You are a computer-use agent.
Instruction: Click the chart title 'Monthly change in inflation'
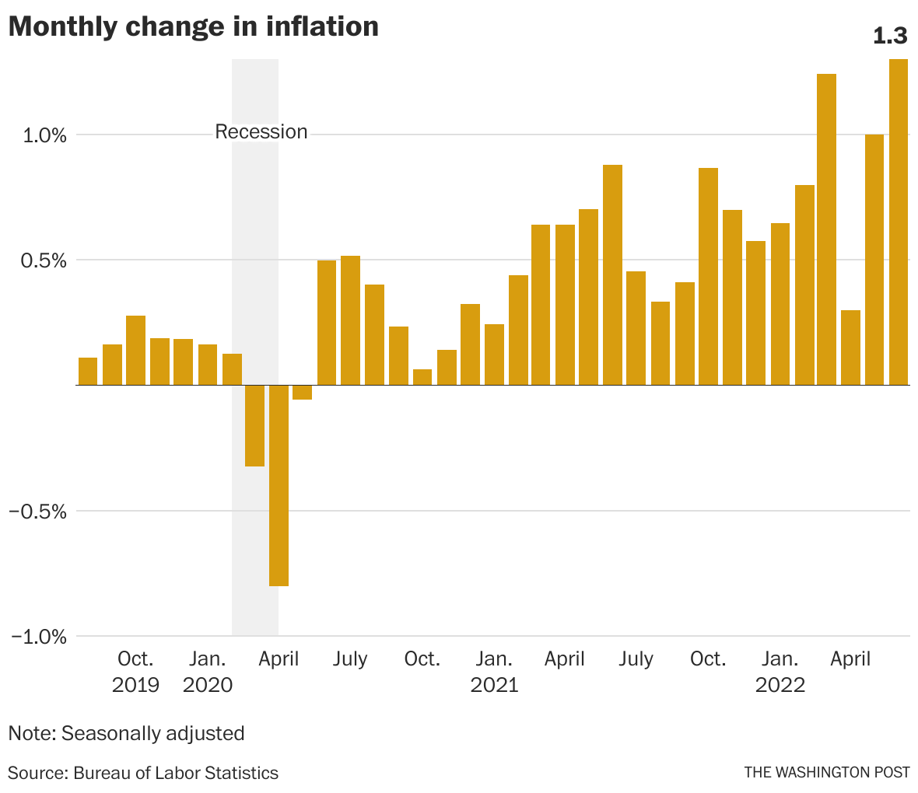coord(194,26)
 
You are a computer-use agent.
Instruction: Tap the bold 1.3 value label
coord(890,36)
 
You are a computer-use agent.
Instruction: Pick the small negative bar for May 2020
coord(303,393)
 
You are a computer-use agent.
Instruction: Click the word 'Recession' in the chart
coord(261,132)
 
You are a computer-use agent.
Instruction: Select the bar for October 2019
coord(136,350)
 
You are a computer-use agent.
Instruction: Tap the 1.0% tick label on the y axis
coord(44,135)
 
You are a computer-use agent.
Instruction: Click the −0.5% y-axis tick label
coord(39,512)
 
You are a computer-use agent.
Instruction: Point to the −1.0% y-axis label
coord(39,637)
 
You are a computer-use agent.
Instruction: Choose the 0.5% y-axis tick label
coord(44,260)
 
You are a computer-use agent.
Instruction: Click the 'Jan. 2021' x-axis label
coord(494,672)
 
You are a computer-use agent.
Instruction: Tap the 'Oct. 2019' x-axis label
coord(135,672)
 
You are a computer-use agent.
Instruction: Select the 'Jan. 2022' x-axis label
coord(780,672)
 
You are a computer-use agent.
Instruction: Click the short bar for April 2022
coord(850,348)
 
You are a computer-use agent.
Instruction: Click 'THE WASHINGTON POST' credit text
coord(826,772)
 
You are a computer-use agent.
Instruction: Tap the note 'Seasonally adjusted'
coord(126,733)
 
